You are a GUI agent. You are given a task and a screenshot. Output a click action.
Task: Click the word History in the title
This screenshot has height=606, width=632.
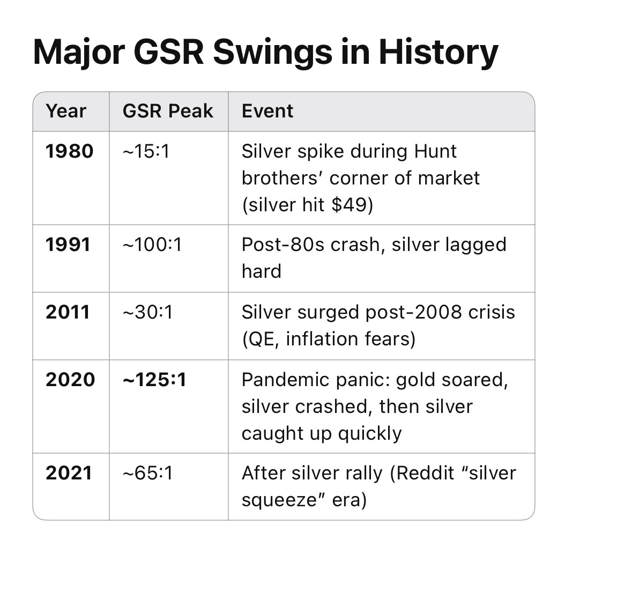438,53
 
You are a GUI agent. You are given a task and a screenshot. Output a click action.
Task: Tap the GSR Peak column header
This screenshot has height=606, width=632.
168,111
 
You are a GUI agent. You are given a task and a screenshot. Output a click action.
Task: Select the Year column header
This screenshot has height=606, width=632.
66,112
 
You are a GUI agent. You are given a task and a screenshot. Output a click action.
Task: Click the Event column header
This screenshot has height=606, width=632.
267,111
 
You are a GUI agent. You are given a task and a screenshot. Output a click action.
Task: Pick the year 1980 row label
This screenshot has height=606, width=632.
69,152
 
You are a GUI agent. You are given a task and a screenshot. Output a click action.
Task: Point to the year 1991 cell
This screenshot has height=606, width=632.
68,245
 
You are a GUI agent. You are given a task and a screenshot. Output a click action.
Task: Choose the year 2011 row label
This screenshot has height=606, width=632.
68,312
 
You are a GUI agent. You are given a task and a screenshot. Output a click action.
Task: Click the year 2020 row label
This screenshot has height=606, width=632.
70,380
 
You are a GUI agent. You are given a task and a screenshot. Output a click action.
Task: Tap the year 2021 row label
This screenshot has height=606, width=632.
69,473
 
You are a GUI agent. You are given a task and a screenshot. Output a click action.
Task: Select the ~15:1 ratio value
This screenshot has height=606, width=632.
146,152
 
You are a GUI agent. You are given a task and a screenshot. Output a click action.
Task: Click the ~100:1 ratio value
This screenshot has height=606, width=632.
152,245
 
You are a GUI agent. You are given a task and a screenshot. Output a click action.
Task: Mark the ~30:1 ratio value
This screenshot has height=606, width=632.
147,312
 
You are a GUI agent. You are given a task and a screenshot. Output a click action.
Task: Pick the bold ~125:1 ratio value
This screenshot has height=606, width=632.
154,380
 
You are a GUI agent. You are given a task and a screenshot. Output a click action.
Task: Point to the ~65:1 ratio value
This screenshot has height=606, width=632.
147,473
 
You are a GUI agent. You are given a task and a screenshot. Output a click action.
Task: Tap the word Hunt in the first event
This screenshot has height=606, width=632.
435,152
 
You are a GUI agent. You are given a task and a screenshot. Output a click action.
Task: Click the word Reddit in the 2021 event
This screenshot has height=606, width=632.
425,473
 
